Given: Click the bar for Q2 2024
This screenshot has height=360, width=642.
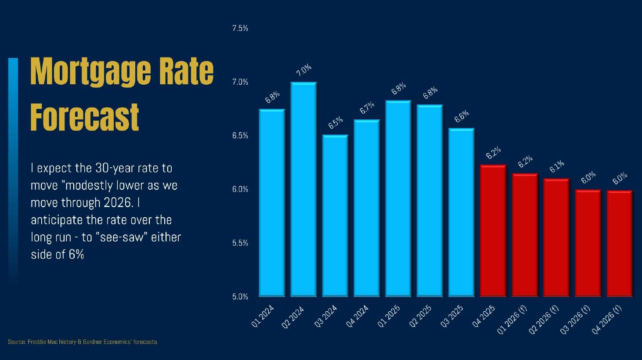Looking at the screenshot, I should (303, 189).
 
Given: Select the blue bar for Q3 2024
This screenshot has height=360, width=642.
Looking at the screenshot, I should (335, 216).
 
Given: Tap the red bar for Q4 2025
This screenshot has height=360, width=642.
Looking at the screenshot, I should (493, 230).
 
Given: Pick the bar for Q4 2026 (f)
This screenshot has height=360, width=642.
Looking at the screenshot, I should (619, 243).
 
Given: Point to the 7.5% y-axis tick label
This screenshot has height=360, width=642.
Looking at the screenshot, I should (240, 29).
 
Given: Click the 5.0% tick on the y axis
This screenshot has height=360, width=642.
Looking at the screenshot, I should (240, 297).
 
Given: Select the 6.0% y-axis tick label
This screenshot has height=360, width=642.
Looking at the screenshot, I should (240, 189).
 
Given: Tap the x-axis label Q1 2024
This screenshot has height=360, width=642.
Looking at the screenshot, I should (263, 316).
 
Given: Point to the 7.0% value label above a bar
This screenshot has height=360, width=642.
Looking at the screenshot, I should (303, 70).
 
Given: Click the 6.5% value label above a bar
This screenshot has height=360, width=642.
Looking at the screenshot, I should (335, 123).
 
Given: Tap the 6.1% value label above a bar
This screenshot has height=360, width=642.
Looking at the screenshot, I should (557, 167).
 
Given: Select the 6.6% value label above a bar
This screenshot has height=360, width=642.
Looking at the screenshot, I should (462, 116).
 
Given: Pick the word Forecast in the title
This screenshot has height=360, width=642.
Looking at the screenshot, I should (85, 117).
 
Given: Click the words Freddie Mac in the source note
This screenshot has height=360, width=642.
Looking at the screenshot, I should (42, 342).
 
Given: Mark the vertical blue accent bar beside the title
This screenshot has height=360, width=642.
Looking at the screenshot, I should (13, 171).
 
